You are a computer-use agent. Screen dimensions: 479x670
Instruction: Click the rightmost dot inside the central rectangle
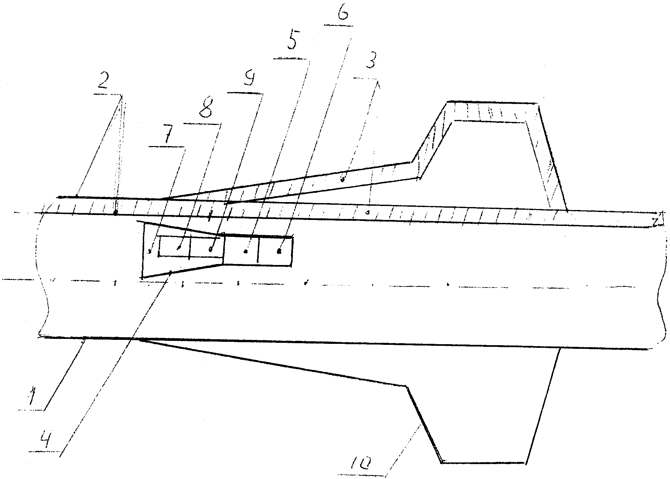pos(279,251)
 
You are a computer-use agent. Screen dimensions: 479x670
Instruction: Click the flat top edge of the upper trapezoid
pos(492,102)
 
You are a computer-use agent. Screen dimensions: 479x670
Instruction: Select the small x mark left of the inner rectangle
pos(150,252)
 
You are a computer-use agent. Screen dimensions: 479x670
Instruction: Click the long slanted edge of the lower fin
pos(272,363)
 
